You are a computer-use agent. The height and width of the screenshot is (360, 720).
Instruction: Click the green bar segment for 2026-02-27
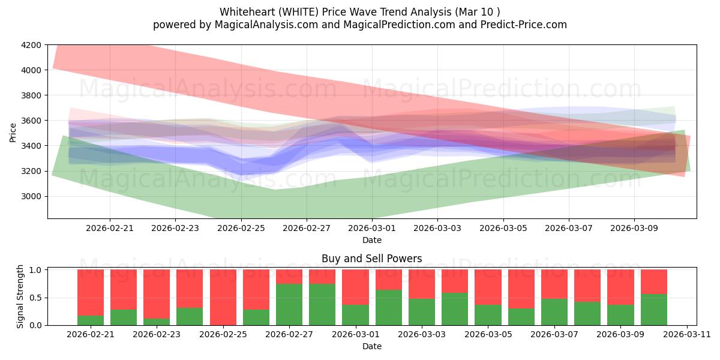point(289,304)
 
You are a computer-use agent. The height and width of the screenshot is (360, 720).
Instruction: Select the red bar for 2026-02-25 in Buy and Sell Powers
point(223,298)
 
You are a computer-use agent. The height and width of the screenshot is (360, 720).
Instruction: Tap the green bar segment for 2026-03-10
point(654,310)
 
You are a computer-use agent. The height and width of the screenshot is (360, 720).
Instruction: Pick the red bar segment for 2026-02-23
point(157,294)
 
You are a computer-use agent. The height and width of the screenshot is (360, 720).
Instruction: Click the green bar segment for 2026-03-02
point(389,308)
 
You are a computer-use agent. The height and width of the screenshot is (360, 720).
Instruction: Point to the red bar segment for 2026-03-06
point(521,289)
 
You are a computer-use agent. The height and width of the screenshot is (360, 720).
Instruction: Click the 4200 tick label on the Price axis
point(31,45)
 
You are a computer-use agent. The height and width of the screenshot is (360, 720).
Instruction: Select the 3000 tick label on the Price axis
point(31,196)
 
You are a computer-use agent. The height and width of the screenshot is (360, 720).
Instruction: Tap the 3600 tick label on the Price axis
point(31,121)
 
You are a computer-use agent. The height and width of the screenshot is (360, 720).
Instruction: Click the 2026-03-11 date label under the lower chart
point(687,335)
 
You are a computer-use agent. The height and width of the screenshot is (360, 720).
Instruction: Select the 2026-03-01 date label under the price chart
point(372,228)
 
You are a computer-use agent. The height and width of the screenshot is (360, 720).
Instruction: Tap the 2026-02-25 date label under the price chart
point(241,228)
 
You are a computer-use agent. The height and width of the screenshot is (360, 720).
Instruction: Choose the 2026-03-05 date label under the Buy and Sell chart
point(488,335)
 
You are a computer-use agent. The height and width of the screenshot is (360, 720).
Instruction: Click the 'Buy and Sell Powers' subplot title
point(372,259)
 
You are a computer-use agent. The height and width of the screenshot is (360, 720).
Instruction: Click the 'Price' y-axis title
point(13,133)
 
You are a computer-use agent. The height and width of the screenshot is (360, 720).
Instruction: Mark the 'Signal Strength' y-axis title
point(20,296)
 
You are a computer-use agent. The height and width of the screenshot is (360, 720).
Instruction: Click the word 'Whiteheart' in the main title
point(247,12)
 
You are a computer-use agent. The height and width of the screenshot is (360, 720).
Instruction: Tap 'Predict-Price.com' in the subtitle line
point(524,25)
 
